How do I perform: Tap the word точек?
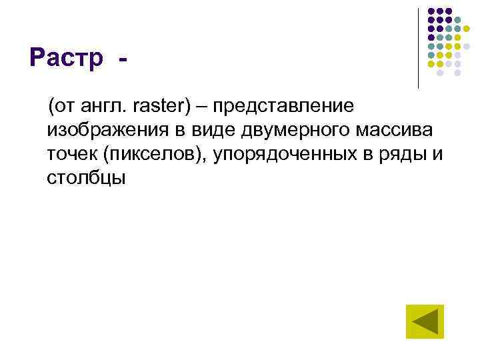point(69,155)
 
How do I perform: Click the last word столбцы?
point(86,179)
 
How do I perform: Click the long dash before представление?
point(202,107)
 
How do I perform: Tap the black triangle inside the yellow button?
point(426,323)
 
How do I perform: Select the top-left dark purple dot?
point(431,12)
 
